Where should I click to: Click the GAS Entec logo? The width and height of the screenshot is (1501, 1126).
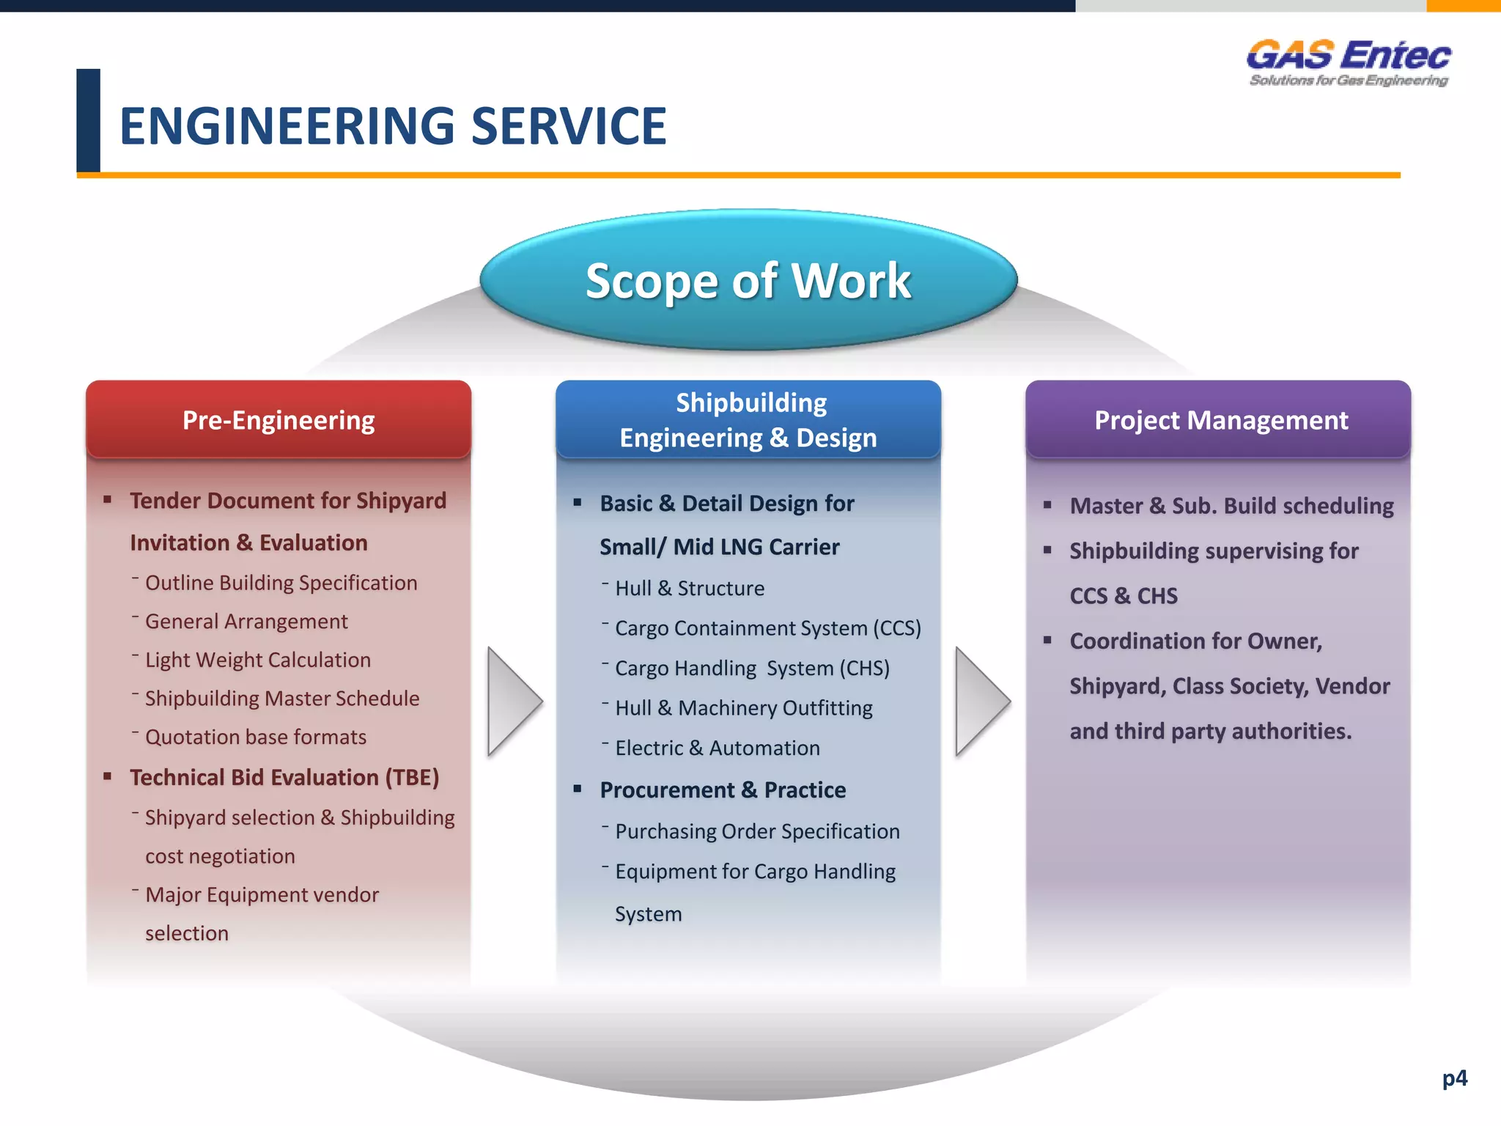pyautogui.click(x=1349, y=63)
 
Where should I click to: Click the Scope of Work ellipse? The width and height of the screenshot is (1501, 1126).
pyautogui.click(x=748, y=280)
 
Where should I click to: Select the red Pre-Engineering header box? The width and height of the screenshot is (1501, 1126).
pyautogui.click(x=279, y=420)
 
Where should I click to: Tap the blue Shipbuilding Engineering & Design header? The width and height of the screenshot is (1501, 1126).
pyautogui.click(x=748, y=420)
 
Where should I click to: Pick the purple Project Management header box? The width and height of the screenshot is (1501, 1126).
pyautogui.click(x=1218, y=420)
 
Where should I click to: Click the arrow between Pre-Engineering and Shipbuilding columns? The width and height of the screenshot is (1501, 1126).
pyautogui.click(x=513, y=702)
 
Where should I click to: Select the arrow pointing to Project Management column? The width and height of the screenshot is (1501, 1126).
pyautogui.click(x=981, y=702)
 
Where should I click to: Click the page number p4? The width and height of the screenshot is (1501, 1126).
pyautogui.click(x=1454, y=1078)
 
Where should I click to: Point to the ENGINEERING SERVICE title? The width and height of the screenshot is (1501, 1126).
pyautogui.click(x=393, y=126)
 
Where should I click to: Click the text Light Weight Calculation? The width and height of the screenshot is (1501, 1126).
pyautogui.click(x=258, y=660)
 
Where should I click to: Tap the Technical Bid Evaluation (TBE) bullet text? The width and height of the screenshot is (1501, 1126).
pyautogui.click(x=284, y=777)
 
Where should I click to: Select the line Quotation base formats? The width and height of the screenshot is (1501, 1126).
pyautogui.click(x=256, y=737)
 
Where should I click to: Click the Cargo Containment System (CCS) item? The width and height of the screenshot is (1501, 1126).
pyautogui.click(x=768, y=628)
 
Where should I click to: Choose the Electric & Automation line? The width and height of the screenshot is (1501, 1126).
pyautogui.click(x=718, y=748)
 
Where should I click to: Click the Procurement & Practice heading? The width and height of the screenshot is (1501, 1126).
pyautogui.click(x=723, y=790)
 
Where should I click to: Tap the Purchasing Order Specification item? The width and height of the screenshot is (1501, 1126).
pyautogui.click(x=757, y=831)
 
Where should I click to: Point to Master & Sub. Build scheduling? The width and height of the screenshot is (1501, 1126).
pyautogui.click(x=1231, y=506)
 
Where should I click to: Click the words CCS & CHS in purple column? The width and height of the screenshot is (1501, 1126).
pyautogui.click(x=1124, y=595)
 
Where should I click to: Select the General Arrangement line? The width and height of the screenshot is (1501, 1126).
pyautogui.click(x=246, y=622)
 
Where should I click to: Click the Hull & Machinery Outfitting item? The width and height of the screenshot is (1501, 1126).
pyautogui.click(x=744, y=708)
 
